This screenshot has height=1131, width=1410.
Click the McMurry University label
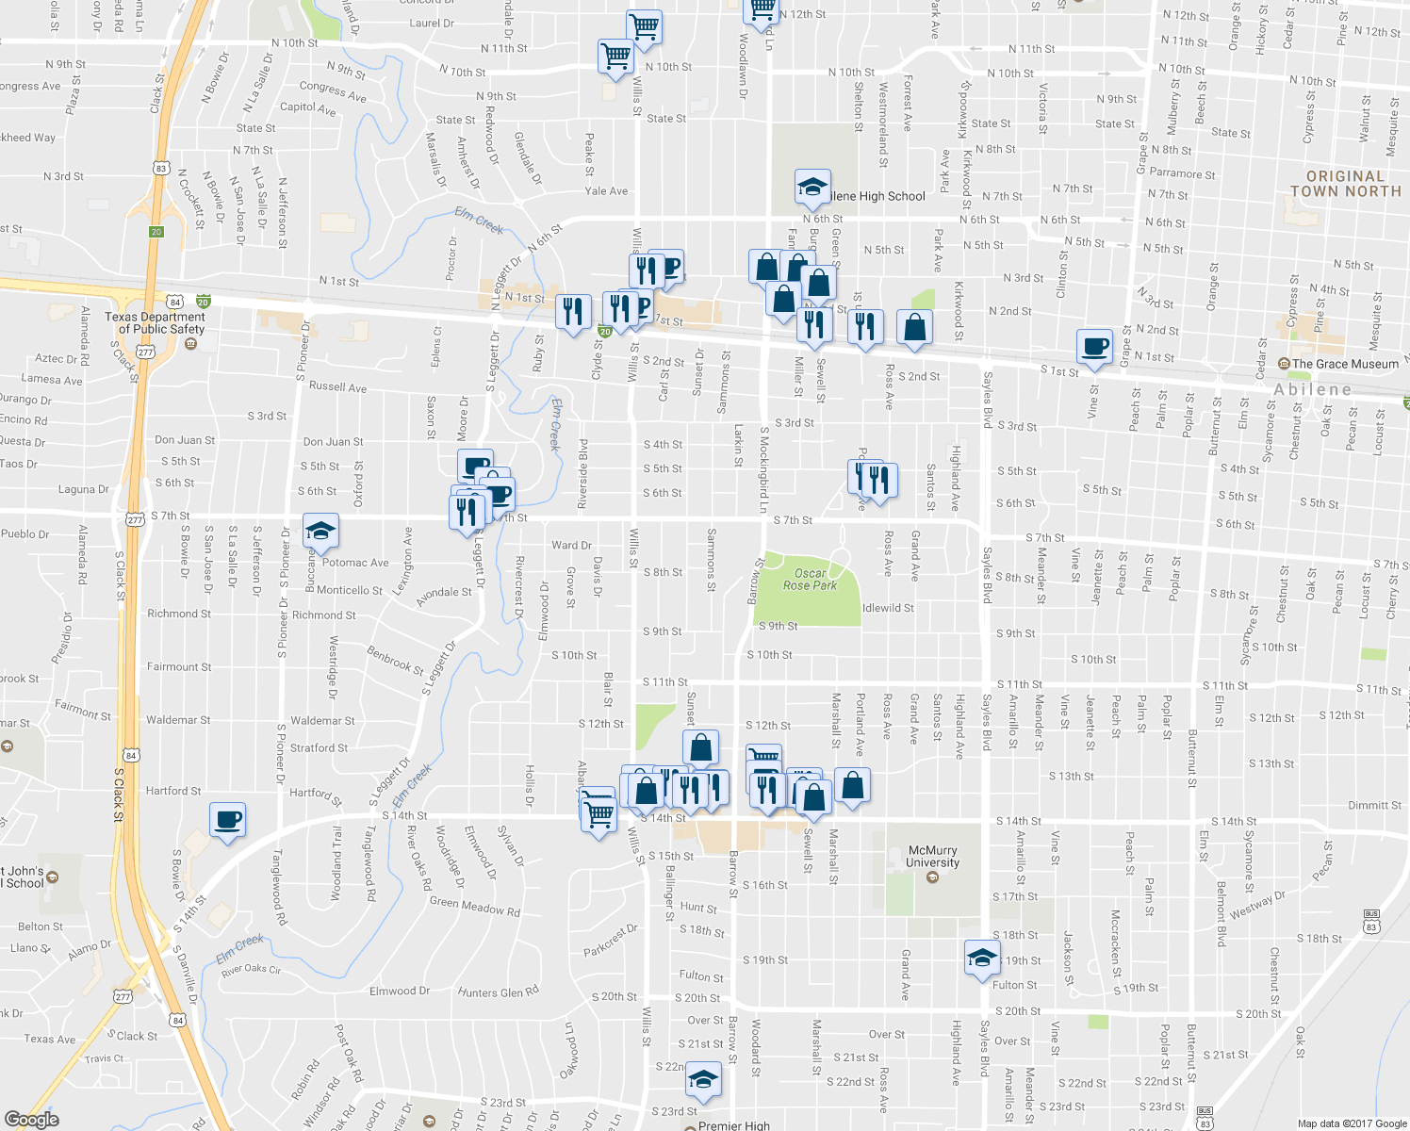[932, 856]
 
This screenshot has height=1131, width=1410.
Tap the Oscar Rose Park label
[810, 579]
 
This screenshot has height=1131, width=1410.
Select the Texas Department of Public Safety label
[156, 323]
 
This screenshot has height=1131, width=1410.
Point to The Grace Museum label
[1345, 364]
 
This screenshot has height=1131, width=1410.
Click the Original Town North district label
[1345, 184]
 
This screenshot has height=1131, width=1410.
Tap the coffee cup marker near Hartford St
[227, 818]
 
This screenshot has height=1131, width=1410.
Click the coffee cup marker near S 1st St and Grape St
[1095, 345]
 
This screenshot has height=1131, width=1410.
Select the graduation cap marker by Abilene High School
[812, 187]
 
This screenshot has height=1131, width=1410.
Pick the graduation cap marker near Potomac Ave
[320, 531]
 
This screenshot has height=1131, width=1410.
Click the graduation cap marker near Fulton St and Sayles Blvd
[982, 958]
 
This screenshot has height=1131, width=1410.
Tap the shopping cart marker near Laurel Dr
[644, 26]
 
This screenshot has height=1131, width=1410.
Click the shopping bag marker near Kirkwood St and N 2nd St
[914, 326]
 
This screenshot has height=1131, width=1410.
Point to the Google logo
[32, 1119]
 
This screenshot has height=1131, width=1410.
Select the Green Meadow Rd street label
[474, 907]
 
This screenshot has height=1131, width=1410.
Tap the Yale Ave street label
[606, 190]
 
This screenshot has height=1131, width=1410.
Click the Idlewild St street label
[888, 608]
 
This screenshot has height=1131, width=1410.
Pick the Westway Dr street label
[1257, 906]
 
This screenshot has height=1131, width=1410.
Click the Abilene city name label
[1312, 389]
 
